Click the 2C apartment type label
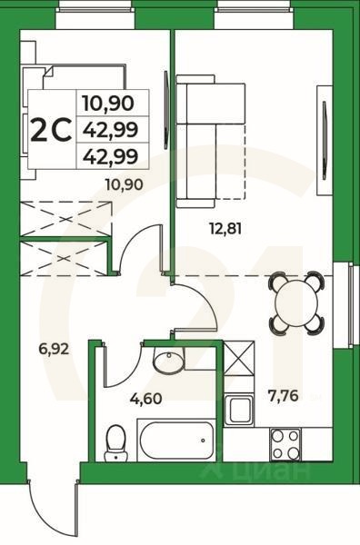point(51,129)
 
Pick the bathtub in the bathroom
point(175,441)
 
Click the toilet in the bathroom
point(115,442)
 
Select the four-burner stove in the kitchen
point(287,442)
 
